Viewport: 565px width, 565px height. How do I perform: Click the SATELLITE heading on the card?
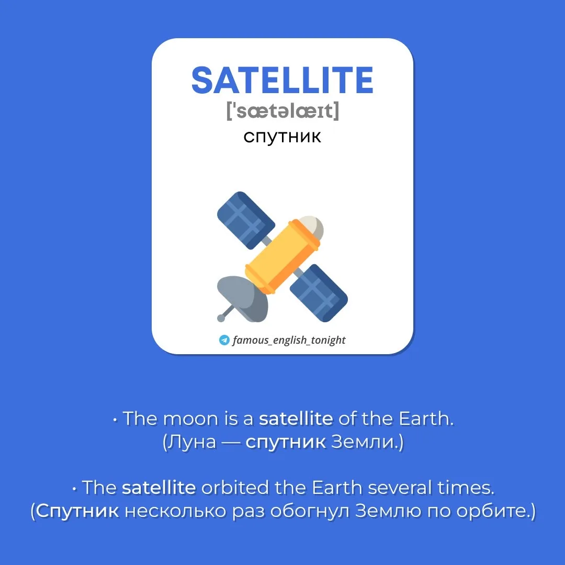282,80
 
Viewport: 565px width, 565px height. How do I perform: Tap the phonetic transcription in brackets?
283,110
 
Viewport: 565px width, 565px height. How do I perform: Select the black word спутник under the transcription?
282,137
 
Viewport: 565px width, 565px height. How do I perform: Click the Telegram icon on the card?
224,340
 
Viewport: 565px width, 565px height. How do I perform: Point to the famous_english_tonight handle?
289,340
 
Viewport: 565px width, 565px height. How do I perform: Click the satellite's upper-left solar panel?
246,220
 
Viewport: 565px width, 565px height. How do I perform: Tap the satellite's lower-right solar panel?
319,292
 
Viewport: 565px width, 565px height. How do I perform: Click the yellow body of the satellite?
282,257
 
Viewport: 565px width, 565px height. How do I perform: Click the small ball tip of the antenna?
221,318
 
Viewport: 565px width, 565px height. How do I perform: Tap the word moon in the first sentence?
190,419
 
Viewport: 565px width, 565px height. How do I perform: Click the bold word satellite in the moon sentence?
296,419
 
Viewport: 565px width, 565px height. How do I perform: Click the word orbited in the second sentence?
235,488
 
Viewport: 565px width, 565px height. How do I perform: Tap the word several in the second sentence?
400,488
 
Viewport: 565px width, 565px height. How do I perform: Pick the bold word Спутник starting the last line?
77,511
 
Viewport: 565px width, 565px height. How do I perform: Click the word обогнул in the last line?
310,511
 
